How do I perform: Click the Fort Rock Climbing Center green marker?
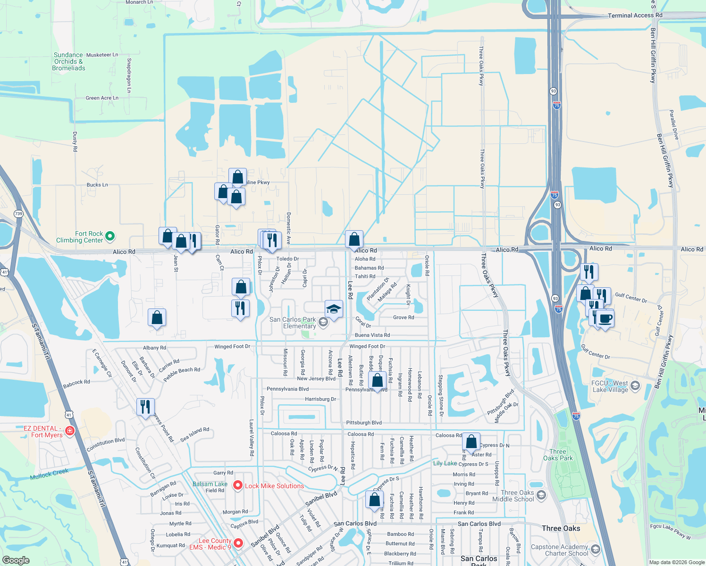110,236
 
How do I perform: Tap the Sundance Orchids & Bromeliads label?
68,62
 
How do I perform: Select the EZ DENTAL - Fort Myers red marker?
70,431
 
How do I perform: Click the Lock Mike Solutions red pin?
238,485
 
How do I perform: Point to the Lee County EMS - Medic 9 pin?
238,543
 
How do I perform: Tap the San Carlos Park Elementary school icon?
323,322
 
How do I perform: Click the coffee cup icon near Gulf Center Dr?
605,318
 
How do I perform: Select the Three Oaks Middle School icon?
541,495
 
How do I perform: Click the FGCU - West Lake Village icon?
635,386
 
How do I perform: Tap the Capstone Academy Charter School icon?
596,549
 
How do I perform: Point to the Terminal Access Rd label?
635,16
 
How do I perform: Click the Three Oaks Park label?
558,455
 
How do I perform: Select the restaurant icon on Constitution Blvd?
145,407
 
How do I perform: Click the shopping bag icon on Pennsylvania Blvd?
378,380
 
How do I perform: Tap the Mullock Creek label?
49,474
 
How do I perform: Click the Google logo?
16,560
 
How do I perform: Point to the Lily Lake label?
445,463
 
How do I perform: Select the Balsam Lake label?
210,484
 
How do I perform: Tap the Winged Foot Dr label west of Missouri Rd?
232,347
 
